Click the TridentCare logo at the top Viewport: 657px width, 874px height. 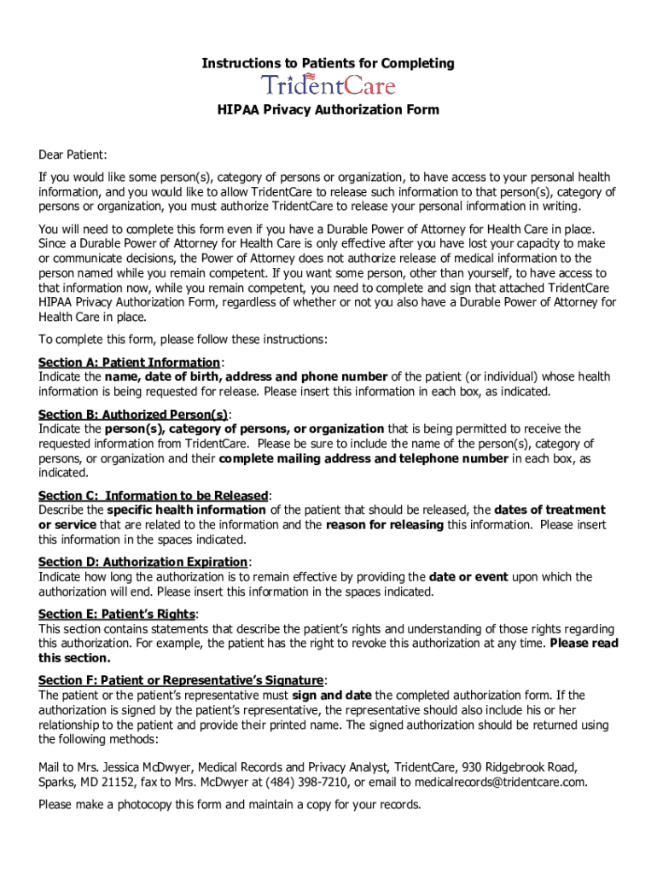click(x=328, y=85)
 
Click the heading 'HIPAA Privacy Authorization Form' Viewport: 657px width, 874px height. click(x=328, y=109)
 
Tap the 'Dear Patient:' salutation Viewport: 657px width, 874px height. click(x=73, y=154)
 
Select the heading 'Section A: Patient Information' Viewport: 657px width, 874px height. click(x=129, y=362)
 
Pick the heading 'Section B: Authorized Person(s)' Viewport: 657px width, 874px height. click(x=133, y=414)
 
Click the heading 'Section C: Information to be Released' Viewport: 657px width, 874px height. click(x=154, y=495)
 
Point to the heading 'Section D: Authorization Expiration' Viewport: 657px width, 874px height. click(x=142, y=562)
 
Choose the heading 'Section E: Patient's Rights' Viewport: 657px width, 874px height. click(x=117, y=614)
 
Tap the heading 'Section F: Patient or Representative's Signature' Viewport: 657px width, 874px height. click(x=180, y=680)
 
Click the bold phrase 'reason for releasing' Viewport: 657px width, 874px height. click(x=385, y=525)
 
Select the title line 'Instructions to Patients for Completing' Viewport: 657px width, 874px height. click(x=328, y=63)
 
